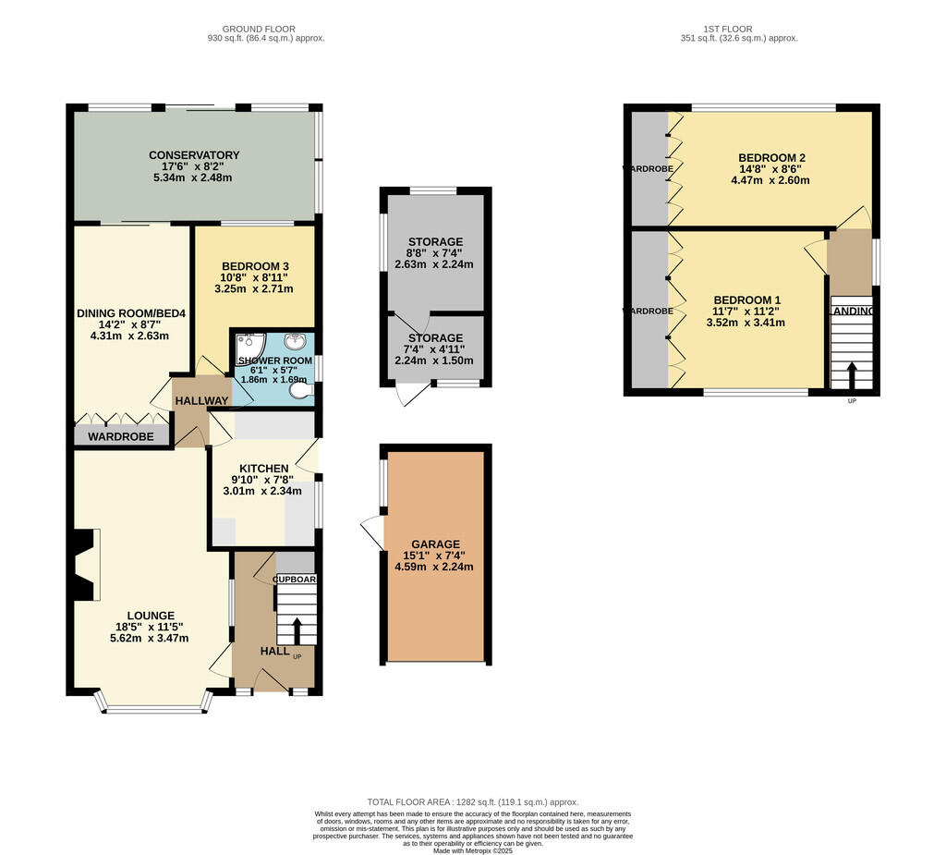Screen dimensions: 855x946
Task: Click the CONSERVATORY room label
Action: [x=194, y=155]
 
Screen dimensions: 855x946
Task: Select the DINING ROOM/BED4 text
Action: [x=131, y=313]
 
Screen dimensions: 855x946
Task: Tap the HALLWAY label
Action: [x=201, y=400]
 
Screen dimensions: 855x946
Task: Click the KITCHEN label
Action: [x=264, y=469]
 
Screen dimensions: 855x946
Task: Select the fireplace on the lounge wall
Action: [x=83, y=566]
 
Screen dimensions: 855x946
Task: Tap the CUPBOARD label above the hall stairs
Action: [x=296, y=580]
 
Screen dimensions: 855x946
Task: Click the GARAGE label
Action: [x=434, y=544]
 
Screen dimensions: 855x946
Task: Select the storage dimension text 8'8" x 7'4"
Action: [x=434, y=252]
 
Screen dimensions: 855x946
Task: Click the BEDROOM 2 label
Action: [x=771, y=158]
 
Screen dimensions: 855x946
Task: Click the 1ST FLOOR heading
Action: [x=738, y=29]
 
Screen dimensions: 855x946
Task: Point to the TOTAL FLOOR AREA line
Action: [x=472, y=802]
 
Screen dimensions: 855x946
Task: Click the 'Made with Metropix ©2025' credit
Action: [x=472, y=850]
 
